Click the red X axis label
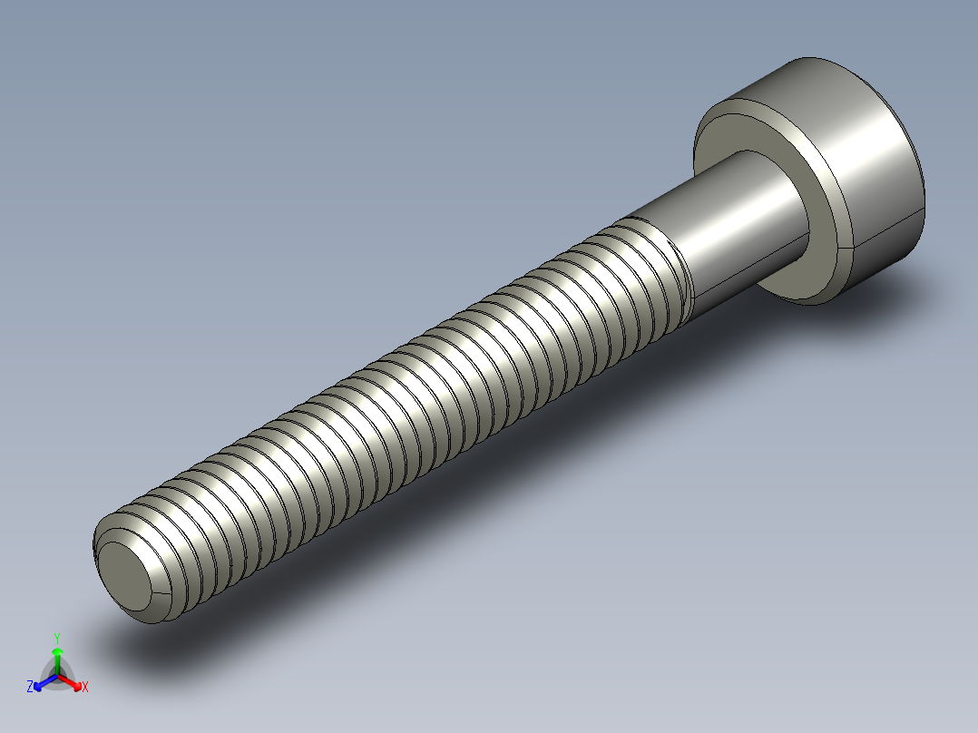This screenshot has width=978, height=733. point(85,688)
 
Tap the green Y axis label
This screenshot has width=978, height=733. point(57,638)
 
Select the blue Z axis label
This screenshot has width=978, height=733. point(30,688)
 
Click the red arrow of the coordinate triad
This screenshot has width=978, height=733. point(73,681)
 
